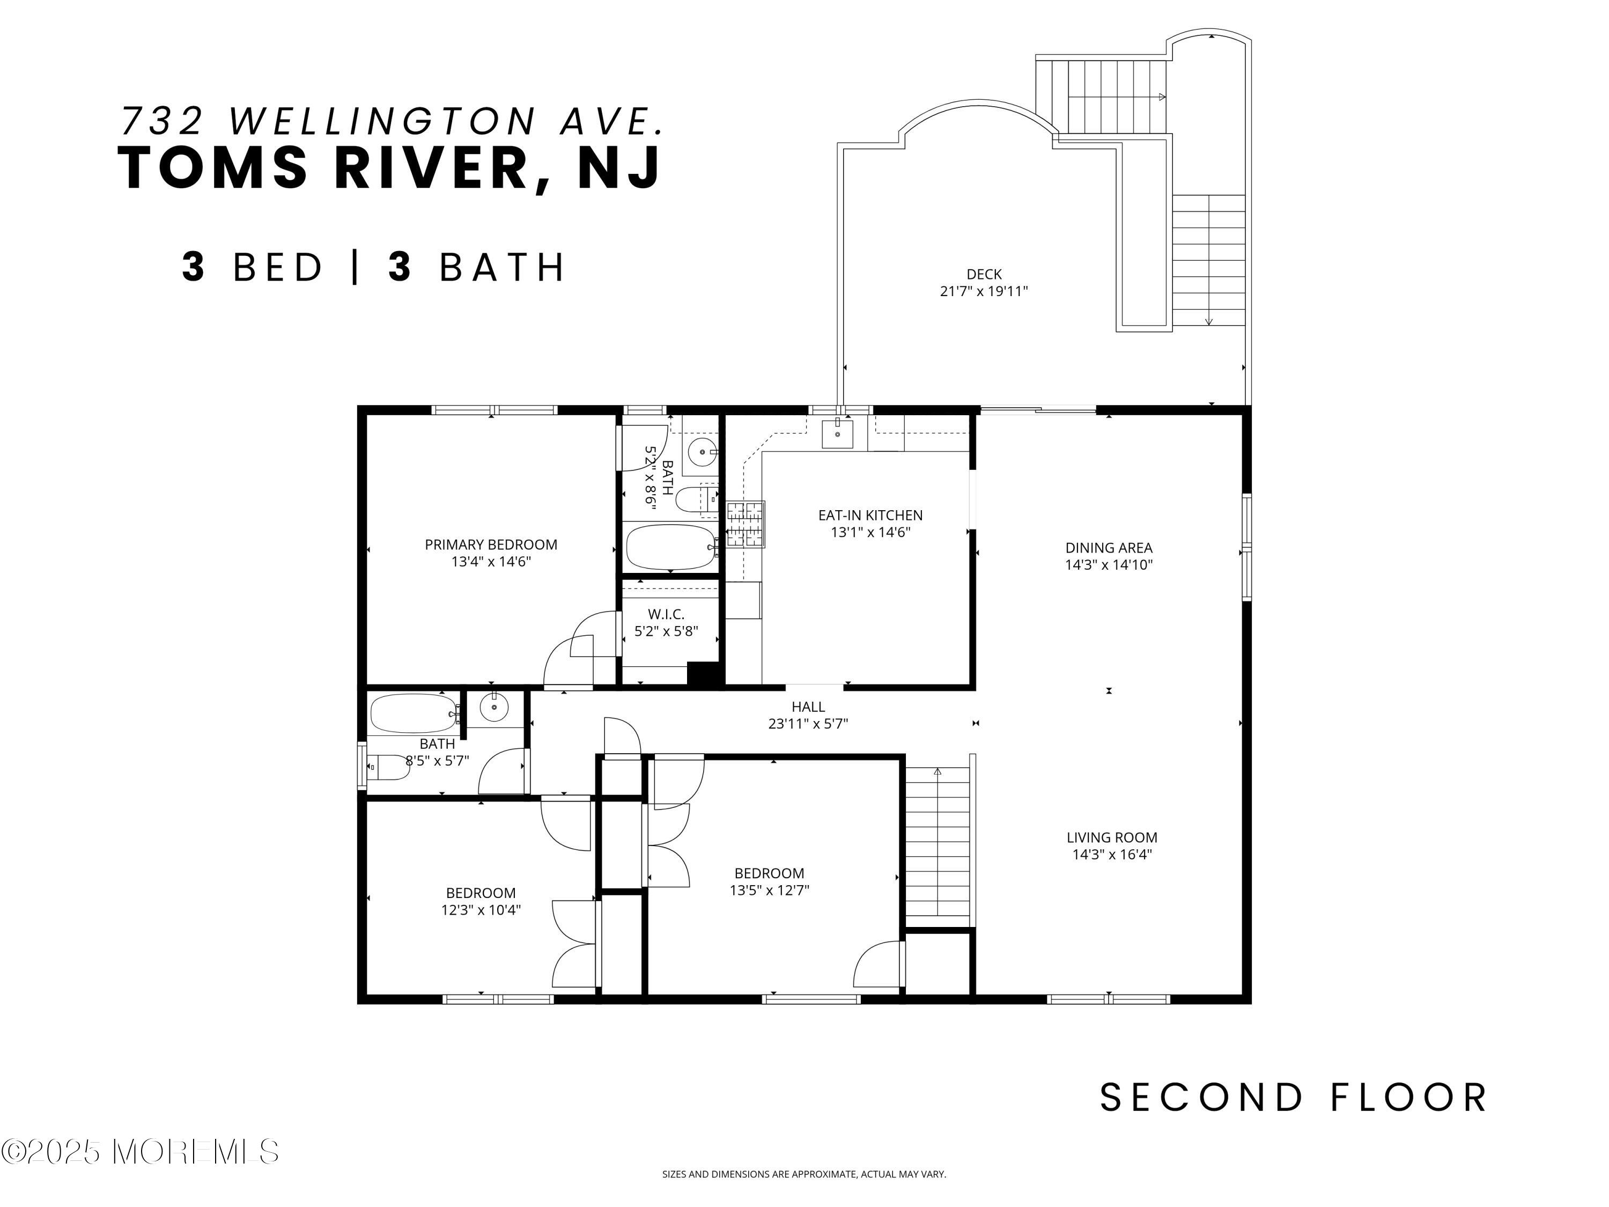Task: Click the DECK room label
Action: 984,274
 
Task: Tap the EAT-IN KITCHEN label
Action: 870,515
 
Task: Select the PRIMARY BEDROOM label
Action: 491,544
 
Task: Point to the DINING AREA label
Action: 1109,548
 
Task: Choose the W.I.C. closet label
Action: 666,614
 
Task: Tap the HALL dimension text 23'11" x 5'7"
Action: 808,724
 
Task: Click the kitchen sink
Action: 837,433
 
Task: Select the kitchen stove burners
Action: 746,524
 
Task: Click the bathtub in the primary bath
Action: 670,547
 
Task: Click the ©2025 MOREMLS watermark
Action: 139,1151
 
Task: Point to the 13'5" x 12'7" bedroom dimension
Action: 770,890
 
